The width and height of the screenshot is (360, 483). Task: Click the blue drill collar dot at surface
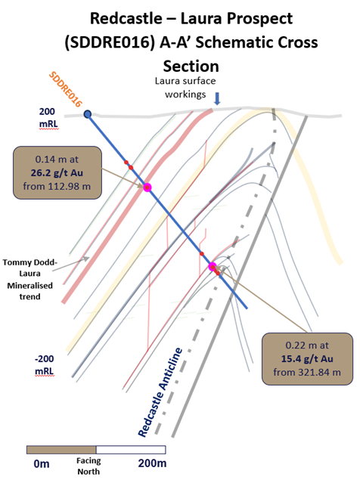click(88, 114)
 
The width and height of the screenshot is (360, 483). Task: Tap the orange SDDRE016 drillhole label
click(66, 89)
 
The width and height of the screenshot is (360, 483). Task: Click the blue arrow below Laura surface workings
click(217, 98)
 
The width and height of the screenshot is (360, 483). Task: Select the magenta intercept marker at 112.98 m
click(147, 187)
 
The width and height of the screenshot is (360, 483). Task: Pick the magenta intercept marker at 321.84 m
click(213, 267)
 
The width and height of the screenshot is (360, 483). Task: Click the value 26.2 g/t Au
click(57, 173)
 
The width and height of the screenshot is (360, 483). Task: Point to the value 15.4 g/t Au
click(307, 359)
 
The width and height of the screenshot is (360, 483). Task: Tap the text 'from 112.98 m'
click(57, 187)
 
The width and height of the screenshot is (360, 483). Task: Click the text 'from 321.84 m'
click(307, 373)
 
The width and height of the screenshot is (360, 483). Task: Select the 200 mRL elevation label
click(48, 118)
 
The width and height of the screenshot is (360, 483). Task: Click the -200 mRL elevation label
click(45, 365)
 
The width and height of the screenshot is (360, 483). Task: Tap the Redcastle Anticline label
click(160, 392)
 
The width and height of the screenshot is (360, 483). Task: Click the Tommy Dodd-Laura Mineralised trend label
click(30, 280)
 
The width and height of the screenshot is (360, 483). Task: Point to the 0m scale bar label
click(42, 463)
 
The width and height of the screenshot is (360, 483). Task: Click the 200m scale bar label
click(152, 463)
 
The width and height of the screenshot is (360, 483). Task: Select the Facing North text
click(88, 466)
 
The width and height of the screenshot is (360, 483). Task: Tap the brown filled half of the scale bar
click(61, 450)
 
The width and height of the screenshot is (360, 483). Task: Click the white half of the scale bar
click(131, 450)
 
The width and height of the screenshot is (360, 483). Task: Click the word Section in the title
click(191, 67)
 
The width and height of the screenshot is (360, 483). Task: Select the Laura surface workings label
click(185, 88)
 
